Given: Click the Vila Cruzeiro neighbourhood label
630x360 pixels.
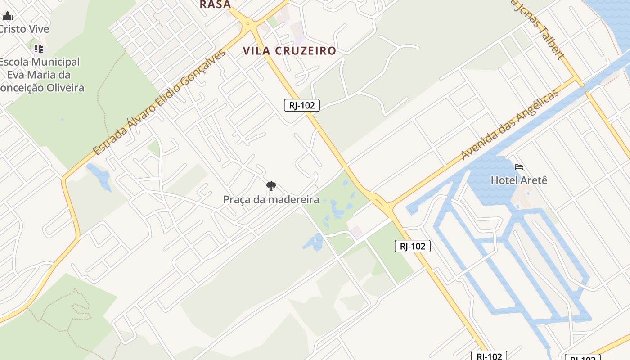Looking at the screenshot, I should click(x=289, y=51).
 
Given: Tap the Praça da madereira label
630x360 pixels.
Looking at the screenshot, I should click(x=271, y=199).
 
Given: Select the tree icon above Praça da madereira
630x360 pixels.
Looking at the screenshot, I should click(x=271, y=186).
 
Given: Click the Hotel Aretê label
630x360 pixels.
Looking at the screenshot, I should click(x=519, y=180).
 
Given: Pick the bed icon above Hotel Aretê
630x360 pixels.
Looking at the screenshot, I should click(x=519, y=167).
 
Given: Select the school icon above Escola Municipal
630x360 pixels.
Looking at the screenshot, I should click(x=39, y=48).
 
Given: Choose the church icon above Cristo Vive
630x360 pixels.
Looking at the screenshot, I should click(x=8, y=17).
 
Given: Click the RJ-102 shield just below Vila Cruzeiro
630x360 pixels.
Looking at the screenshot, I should click(x=302, y=106).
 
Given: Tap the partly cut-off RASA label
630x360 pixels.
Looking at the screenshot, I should click(x=215, y=4).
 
